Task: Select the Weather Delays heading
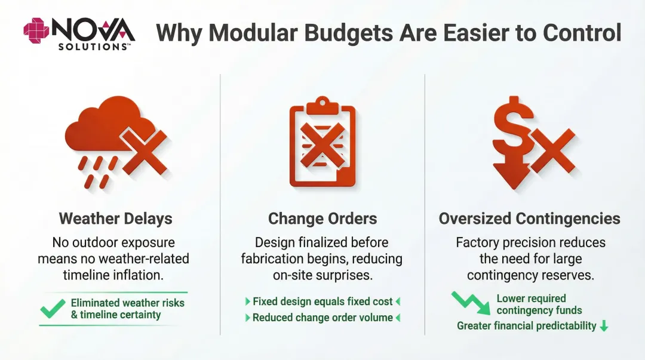click(x=115, y=219)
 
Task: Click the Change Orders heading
click(x=322, y=219)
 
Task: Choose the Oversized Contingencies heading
click(x=529, y=219)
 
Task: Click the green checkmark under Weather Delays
click(x=53, y=308)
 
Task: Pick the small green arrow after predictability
click(x=604, y=326)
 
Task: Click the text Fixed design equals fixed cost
click(x=322, y=301)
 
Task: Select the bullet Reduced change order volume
click(x=322, y=318)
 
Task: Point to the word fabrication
click(x=273, y=259)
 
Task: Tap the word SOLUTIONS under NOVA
click(x=92, y=46)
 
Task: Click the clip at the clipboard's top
click(x=322, y=105)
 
